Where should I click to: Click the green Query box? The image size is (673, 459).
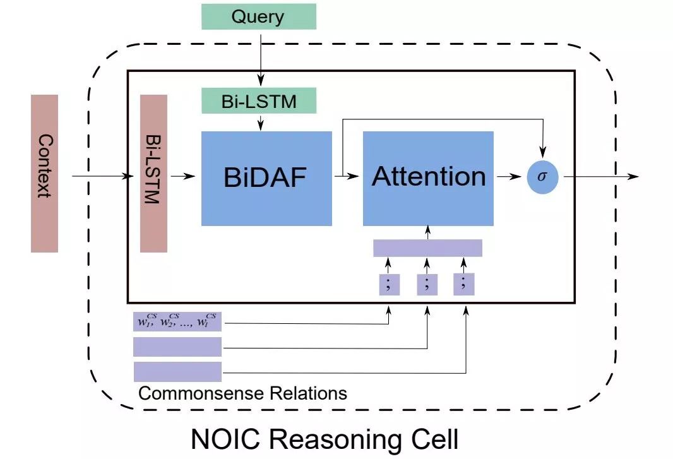tap(258, 16)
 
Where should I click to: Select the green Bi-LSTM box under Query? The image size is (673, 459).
tap(258, 101)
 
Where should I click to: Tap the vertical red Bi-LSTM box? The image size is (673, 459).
tap(153, 174)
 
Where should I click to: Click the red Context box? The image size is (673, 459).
tap(44, 174)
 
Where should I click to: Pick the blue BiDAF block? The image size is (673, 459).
tap(266, 178)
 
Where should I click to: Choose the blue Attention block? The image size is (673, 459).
tap(428, 178)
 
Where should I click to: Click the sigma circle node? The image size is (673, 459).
tap(542, 177)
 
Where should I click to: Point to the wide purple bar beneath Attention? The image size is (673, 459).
tap(427, 248)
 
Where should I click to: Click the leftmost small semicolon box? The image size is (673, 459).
tap(389, 284)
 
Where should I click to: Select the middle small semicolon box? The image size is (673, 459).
tap(427, 284)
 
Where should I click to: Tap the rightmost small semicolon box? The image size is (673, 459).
tap(464, 284)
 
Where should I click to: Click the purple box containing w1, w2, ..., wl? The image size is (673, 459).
tap(177, 322)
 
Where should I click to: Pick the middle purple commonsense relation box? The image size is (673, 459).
tap(177, 347)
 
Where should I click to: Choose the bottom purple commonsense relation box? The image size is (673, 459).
tap(177, 371)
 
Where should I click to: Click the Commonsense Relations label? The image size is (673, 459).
tap(242, 394)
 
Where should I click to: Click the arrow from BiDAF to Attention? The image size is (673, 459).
tap(347, 177)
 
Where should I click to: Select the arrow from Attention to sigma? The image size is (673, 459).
tap(509, 177)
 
